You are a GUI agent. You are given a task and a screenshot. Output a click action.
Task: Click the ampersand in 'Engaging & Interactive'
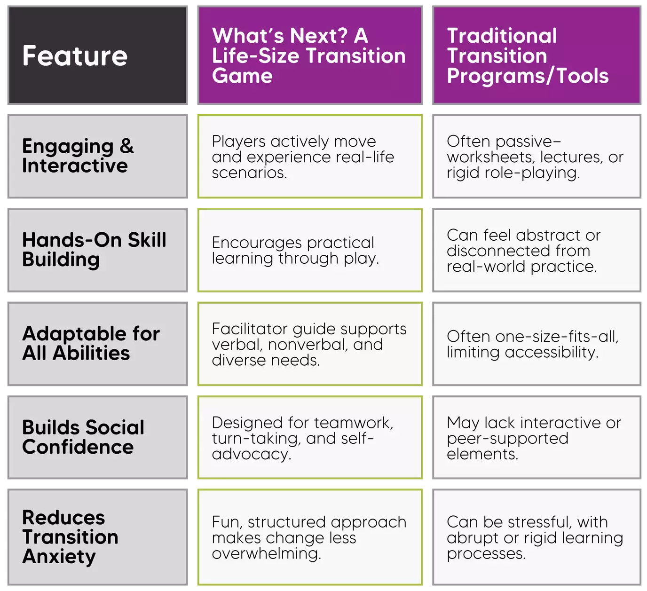point(127,146)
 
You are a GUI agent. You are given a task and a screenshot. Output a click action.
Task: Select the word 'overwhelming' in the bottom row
point(267,553)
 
